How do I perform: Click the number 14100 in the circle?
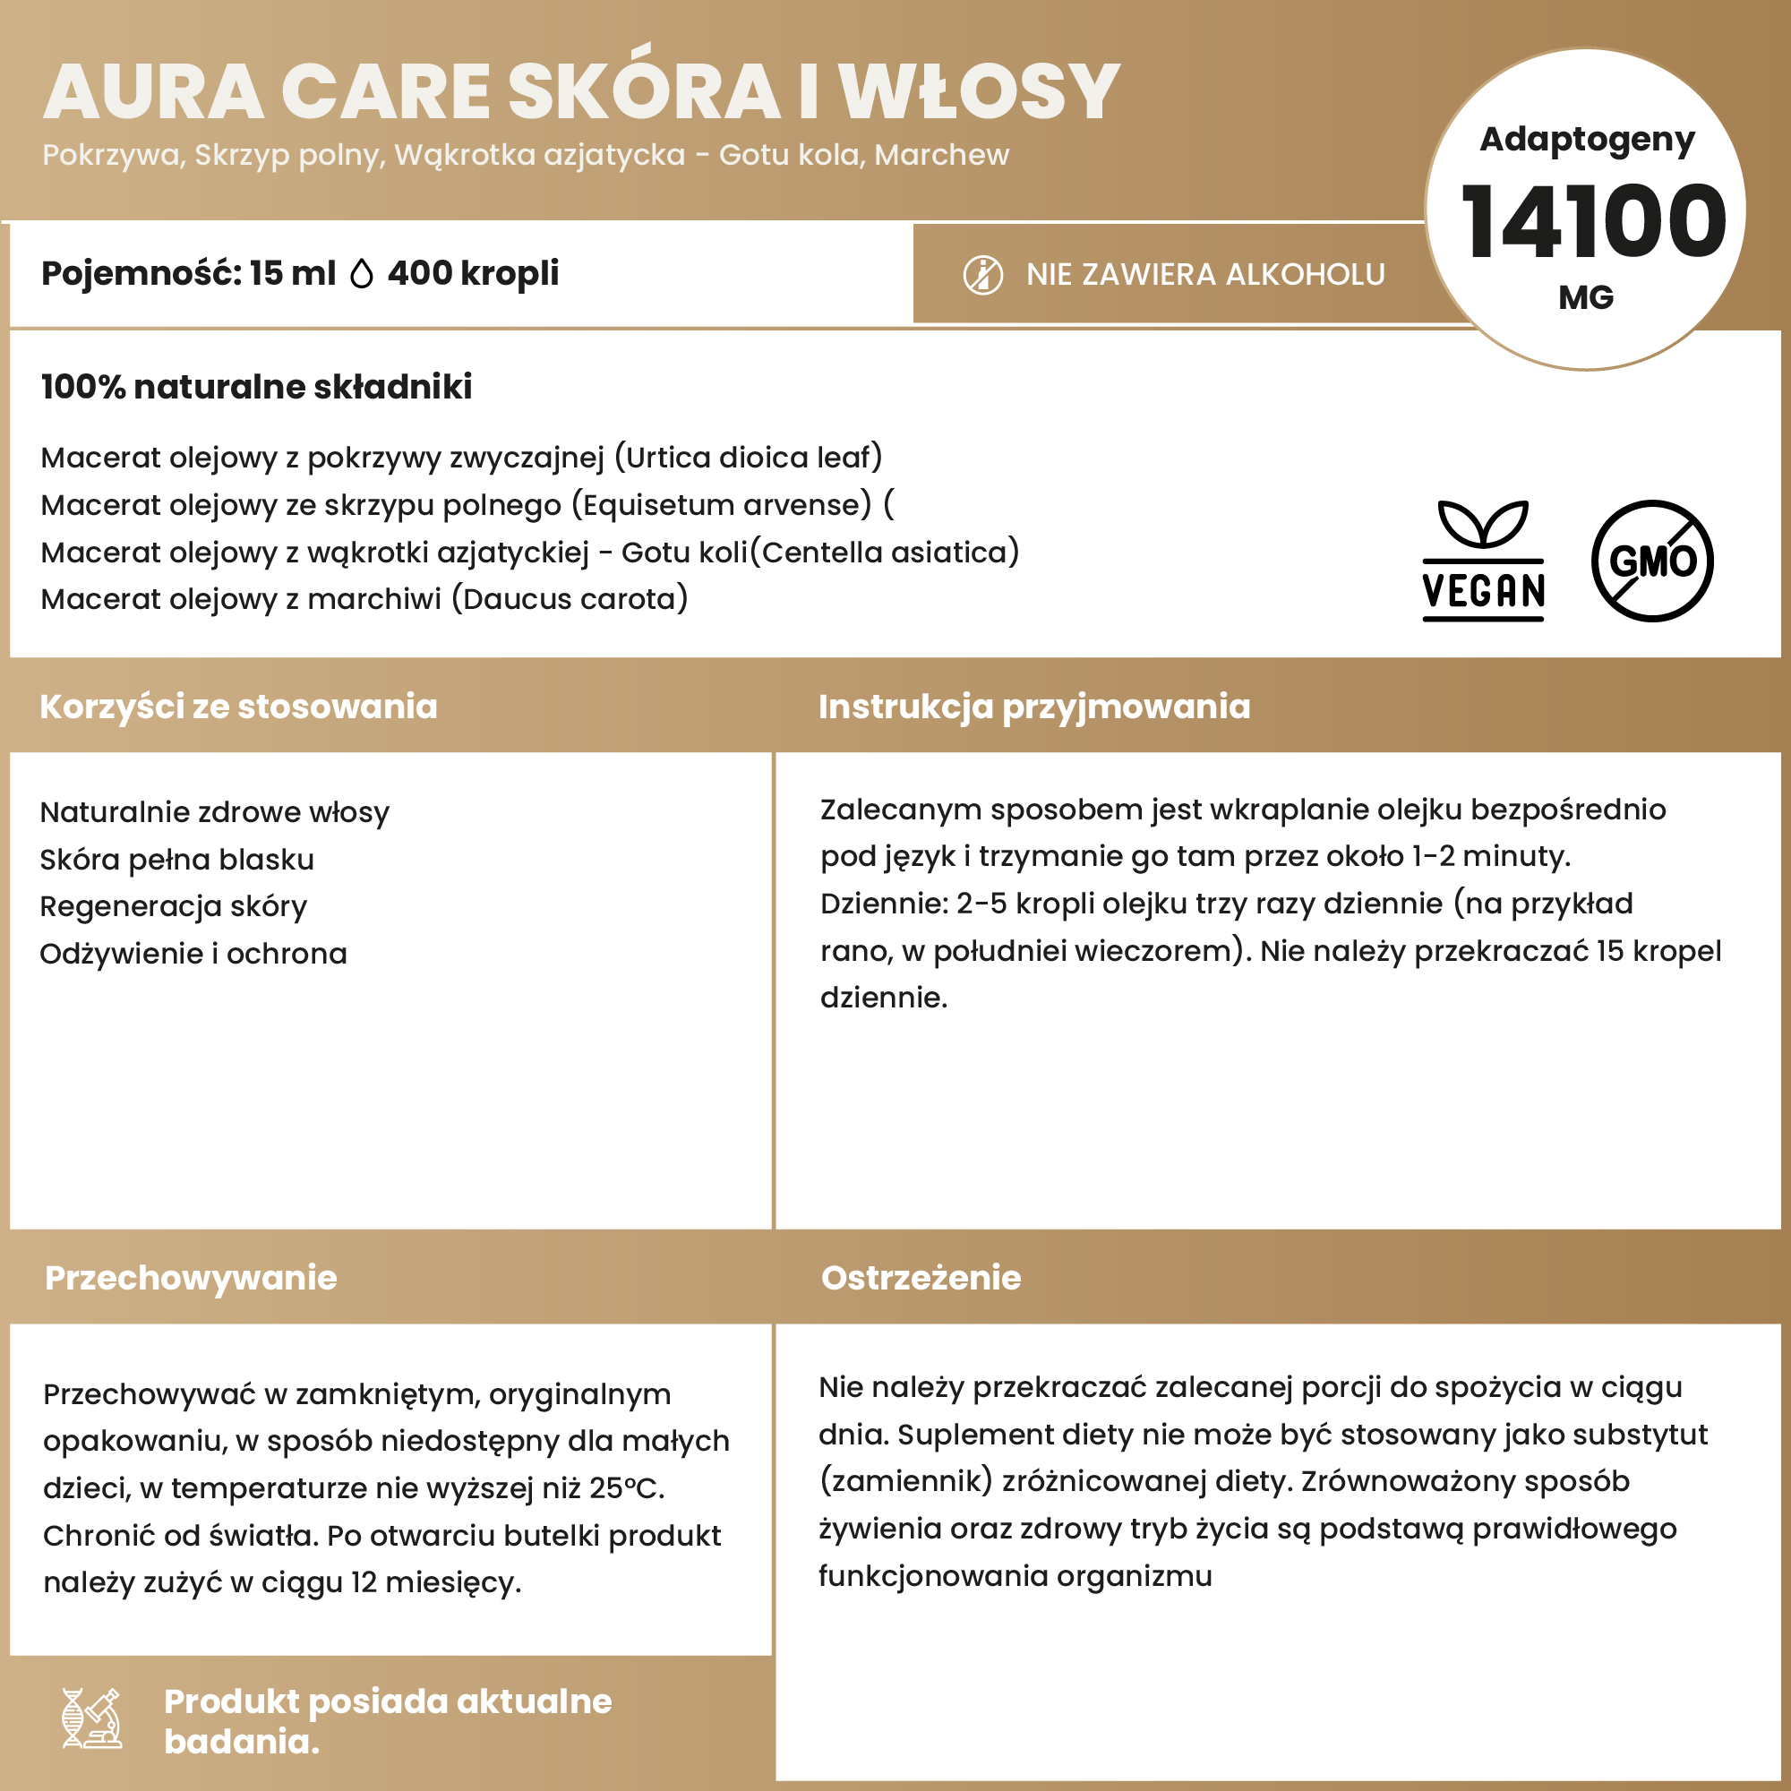(x=1592, y=221)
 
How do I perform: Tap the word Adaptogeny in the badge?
(x=1587, y=140)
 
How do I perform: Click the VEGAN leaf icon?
(x=1483, y=560)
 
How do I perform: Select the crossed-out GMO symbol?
(x=1652, y=561)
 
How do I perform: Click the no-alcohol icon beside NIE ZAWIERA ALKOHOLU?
(x=982, y=275)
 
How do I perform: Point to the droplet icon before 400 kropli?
(x=362, y=274)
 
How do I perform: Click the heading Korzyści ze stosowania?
(x=238, y=707)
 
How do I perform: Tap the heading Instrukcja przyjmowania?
(x=1034, y=707)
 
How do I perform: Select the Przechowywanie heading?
(x=191, y=1278)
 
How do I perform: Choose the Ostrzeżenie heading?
(x=921, y=1278)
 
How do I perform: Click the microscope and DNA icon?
(x=91, y=1718)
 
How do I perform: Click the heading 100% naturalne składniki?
(x=257, y=387)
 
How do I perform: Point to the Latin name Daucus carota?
(x=570, y=599)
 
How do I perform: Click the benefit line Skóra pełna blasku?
(x=177, y=860)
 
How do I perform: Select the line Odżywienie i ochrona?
(x=193, y=953)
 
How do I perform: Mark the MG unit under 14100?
(x=1586, y=297)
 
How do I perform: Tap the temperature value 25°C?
(x=626, y=1487)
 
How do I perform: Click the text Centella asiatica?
(x=885, y=553)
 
